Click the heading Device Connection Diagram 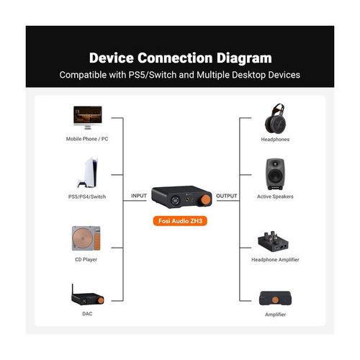180,58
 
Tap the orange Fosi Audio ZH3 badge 180,221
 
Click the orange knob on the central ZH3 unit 205,199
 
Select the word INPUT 139,196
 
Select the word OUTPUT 227,196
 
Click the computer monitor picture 88,117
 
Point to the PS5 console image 88,173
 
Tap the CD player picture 86,238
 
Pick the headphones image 275,118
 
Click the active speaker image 275,174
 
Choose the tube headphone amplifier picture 274,241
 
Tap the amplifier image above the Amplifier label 276,298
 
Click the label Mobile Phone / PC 87,139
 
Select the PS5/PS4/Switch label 87,197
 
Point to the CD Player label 86,259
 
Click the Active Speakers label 275,197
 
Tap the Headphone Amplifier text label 275,260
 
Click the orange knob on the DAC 101,300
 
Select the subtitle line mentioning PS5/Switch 180,75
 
